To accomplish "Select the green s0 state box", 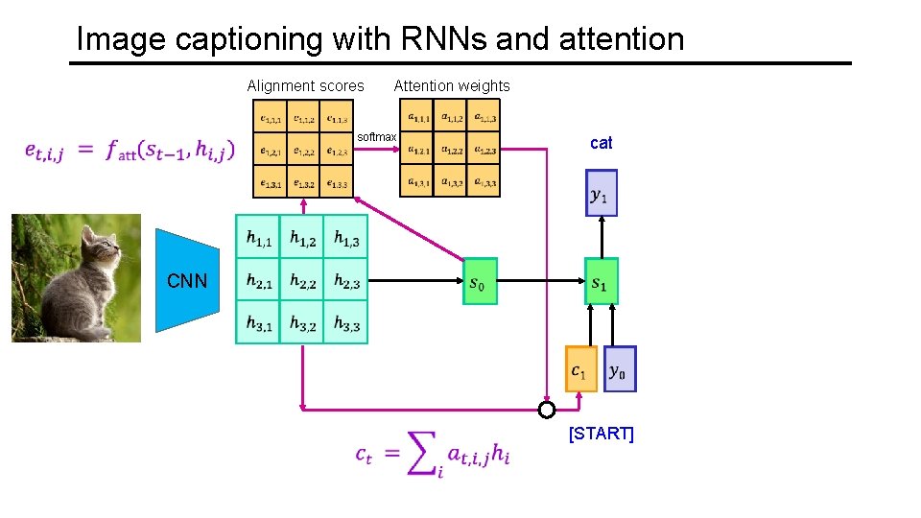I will click(480, 281).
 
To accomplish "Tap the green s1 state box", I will click(601, 281).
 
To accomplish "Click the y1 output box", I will click(601, 193).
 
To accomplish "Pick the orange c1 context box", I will click(581, 369).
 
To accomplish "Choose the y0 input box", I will click(620, 369).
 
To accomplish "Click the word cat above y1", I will click(601, 143).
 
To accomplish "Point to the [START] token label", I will click(601, 434).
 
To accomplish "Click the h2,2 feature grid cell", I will click(301, 281).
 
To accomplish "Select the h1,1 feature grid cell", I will click(257, 237).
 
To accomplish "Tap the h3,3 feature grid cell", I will click(345, 324).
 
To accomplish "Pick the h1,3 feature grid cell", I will click(345, 237).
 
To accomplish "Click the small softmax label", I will click(376, 137).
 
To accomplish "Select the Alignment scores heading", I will click(305, 85).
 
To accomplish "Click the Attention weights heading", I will click(452, 85).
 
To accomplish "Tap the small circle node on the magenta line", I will click(546, 411).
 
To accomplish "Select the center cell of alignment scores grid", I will click(304, 151).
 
